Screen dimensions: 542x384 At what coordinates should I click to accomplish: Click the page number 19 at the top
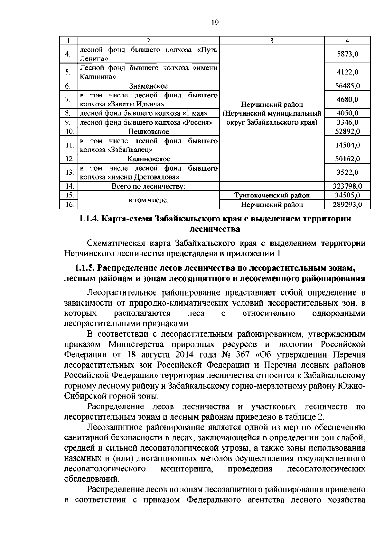pos(215,23)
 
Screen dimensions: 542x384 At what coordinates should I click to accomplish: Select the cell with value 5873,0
pos(347,54)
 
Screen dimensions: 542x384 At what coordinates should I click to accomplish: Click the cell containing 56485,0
pos(347,86)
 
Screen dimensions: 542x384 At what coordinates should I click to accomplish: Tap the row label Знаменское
pos(148,86)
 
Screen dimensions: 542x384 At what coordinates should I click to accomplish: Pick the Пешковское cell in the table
pos(148,131)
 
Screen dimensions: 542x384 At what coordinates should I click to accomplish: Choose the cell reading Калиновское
pos(148,159)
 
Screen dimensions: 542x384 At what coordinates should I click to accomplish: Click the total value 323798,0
pos(347,186)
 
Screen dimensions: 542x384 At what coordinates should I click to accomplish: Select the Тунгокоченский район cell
pos(272,195)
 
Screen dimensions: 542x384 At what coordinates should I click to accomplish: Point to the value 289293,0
pos(347,205)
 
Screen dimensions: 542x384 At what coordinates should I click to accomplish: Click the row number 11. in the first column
pos(68,145)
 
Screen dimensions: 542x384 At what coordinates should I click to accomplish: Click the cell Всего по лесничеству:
pos(148,186)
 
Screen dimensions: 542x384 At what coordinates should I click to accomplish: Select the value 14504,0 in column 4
pos(347,145)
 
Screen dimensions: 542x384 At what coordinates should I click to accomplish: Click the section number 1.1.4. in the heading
pos(89,219)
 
